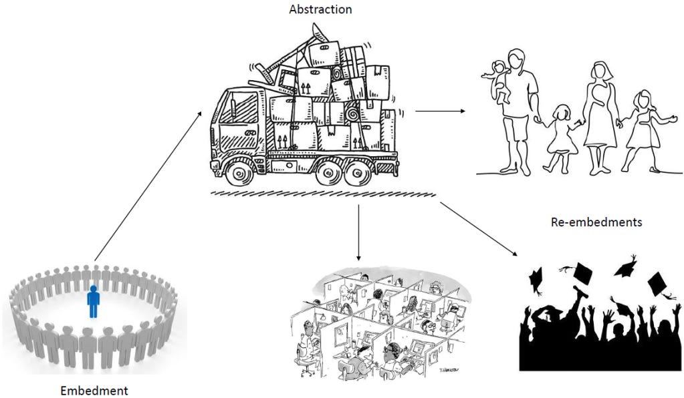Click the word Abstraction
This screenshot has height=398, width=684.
[320, 9]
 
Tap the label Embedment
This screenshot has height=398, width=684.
[94, 390]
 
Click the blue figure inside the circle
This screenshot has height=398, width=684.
[94, 301]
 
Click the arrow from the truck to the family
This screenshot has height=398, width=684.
[441, 110]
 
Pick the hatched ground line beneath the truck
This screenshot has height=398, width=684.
[324, 194]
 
